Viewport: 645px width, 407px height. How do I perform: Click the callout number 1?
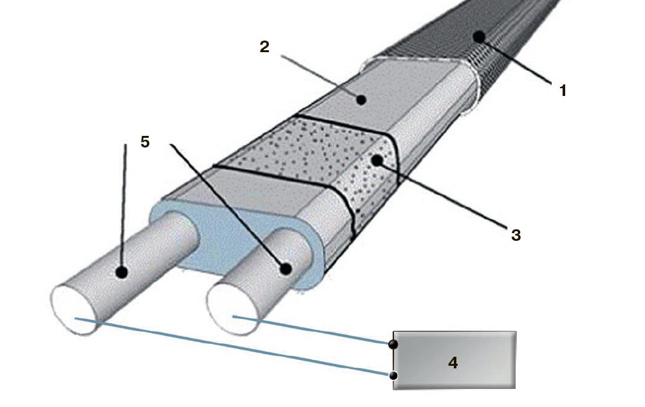click(563, 91)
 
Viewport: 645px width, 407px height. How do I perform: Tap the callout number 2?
click(265, 48)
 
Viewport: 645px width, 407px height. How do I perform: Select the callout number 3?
click(516, 235)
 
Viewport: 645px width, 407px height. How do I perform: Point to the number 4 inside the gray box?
click(453, 363)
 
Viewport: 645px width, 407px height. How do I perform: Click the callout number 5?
click(145, 142)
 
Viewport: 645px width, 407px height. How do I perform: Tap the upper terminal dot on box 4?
click(394, 345)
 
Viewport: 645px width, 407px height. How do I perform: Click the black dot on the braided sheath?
click(478, 37)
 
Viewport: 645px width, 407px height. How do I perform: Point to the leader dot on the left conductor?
click(121, 272)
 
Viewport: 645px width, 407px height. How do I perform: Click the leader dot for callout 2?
click(362, 100)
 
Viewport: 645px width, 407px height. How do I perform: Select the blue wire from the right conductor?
click(315, 330)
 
